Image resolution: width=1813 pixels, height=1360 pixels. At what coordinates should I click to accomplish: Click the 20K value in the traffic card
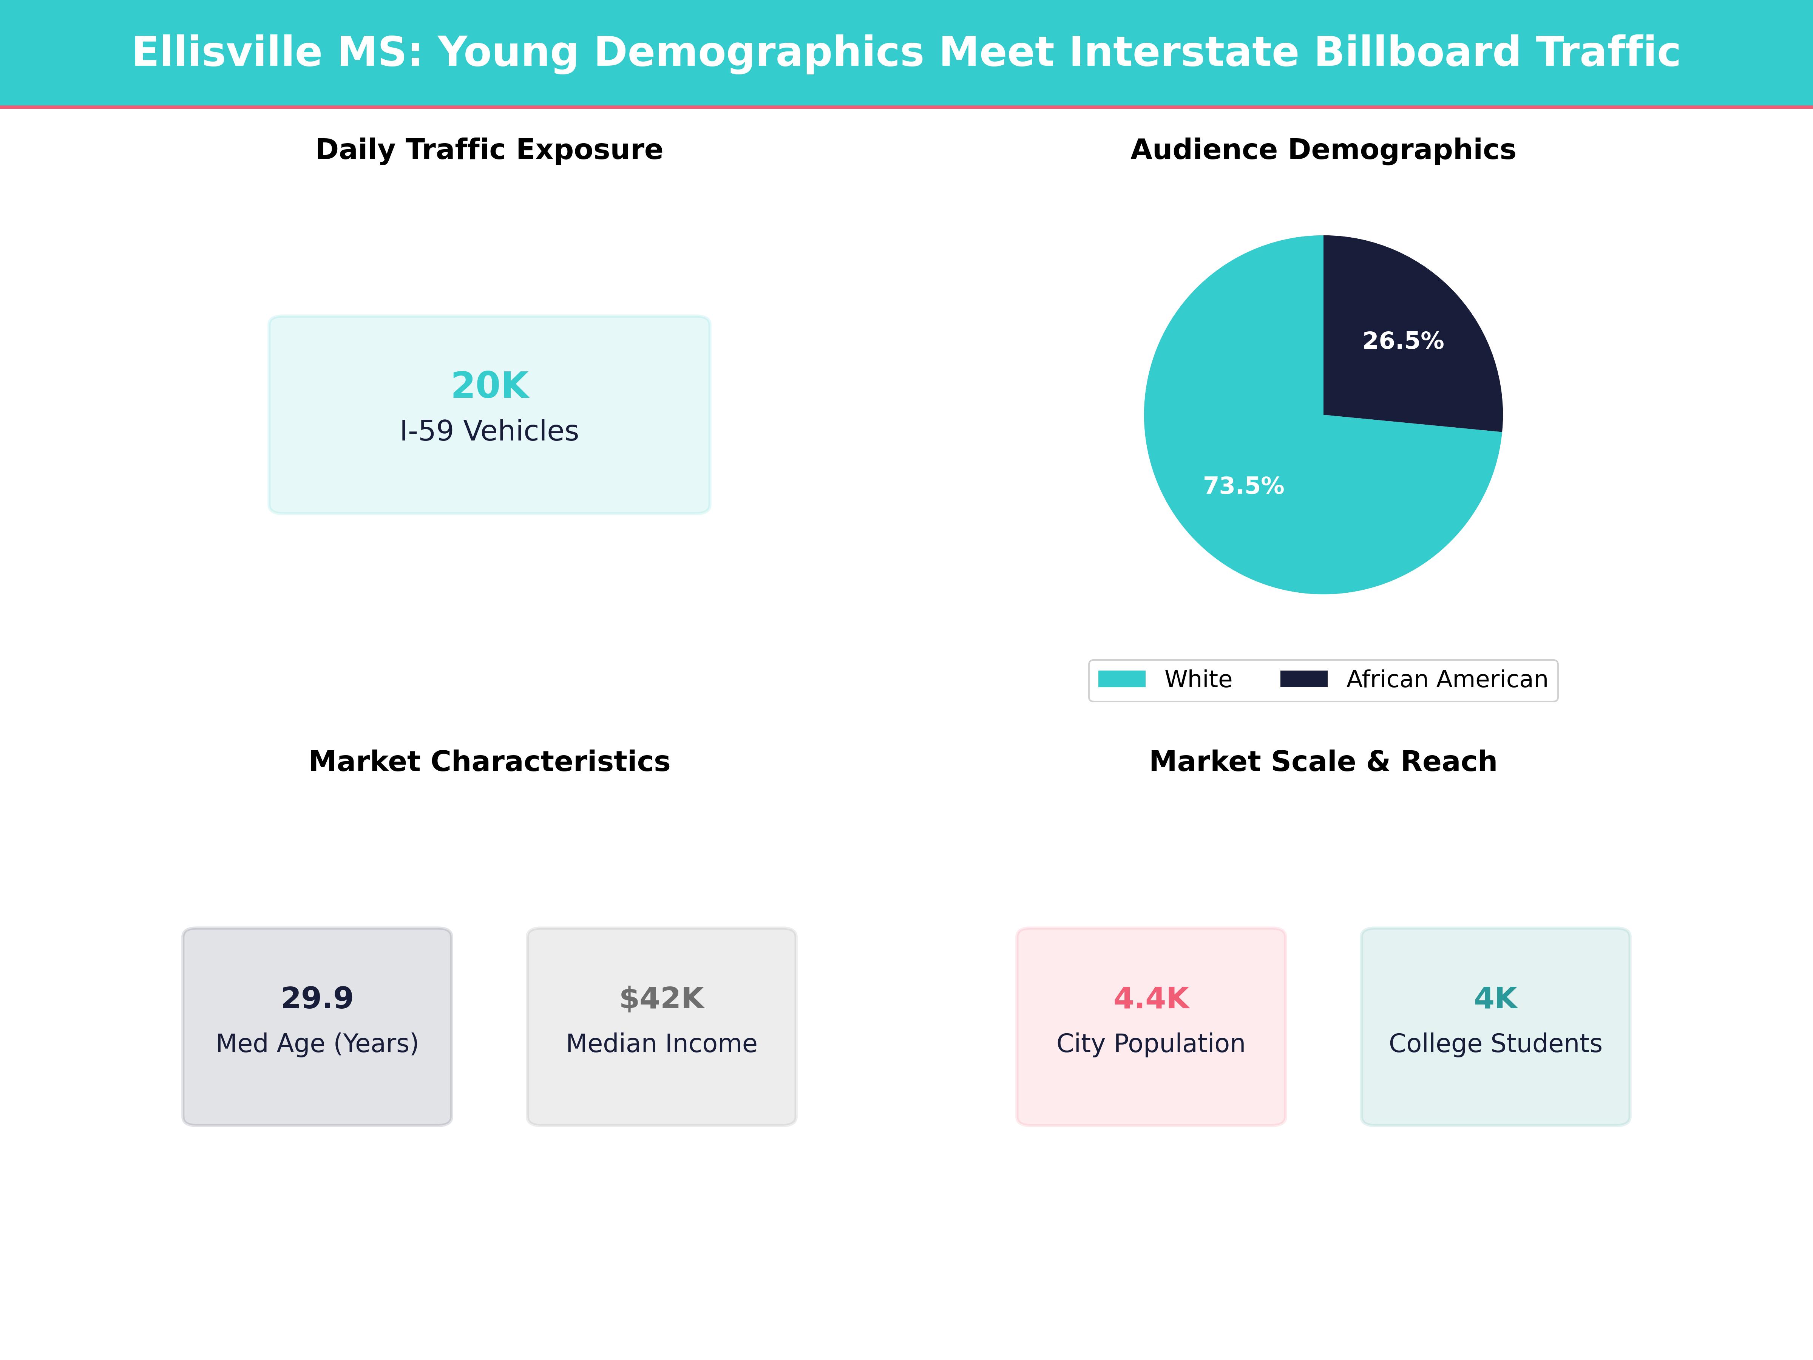[489, 385]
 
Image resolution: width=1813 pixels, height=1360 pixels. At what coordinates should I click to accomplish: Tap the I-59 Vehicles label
[489, 431]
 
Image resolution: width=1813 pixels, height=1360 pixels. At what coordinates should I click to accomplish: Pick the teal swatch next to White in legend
[1121, 679]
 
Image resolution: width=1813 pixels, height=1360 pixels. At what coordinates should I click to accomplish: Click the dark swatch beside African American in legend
[1303, 679]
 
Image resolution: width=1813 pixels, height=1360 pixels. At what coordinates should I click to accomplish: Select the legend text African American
[1447, 680]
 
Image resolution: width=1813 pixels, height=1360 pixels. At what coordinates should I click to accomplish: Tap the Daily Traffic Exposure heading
[489, 150]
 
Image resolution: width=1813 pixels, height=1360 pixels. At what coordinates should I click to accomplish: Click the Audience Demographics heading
[1323, 150]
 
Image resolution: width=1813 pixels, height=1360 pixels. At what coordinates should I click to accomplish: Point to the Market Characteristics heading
[489, 762]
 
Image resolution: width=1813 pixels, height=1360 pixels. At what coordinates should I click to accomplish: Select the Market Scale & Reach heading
[1323, 762]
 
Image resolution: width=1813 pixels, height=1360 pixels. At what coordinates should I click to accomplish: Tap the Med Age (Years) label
[317, 1043]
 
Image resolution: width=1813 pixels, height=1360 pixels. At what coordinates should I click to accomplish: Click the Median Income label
[661, 1043]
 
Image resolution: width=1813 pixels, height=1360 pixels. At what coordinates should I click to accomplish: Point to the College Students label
[1495, 1043]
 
